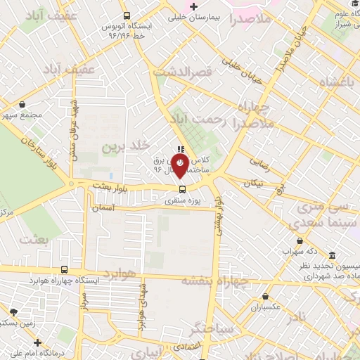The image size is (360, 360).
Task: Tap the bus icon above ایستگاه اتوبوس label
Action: (x=127, y=15)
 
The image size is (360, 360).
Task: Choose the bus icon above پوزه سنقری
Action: (x=182, y=188)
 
